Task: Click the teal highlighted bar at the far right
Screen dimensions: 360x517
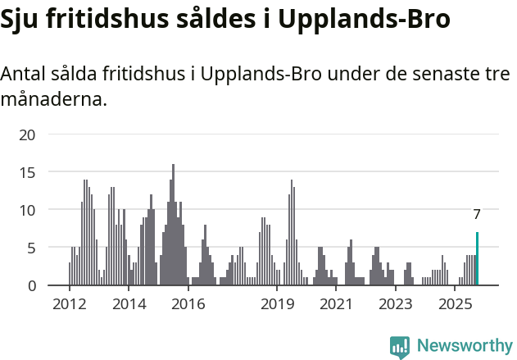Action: [477, 259]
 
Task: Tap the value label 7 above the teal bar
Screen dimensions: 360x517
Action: [477, 215]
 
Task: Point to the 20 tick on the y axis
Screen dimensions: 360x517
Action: [28, 134]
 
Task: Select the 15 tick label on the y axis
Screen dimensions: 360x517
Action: [28, 172]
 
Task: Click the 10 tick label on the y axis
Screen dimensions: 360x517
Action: [28, 210]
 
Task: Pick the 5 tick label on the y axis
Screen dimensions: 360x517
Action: [32, 248]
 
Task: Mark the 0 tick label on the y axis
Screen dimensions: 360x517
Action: [32, 285]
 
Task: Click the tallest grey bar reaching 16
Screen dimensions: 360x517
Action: [173, 225]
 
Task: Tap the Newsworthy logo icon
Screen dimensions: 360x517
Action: [400, 347]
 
